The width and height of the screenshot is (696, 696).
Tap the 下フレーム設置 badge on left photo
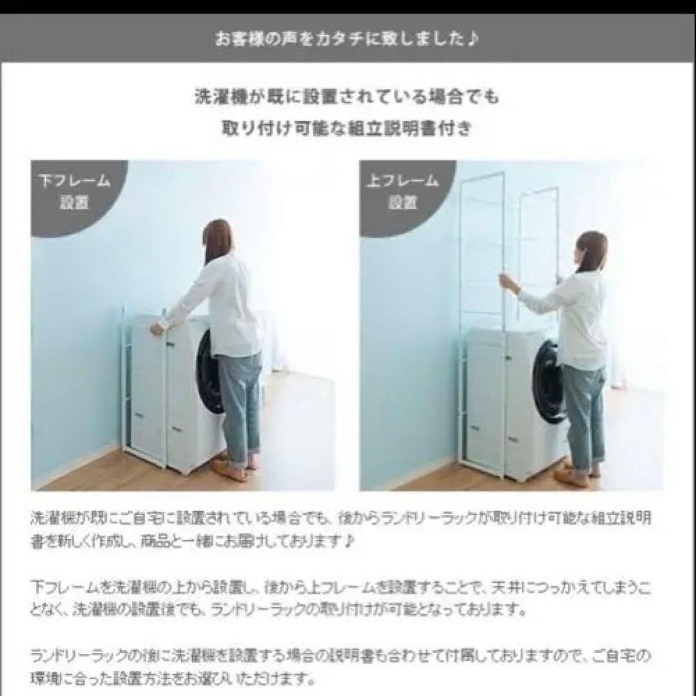75,191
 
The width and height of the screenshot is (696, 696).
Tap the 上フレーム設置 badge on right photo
403,191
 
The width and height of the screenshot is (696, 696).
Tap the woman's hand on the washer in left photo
157,329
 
